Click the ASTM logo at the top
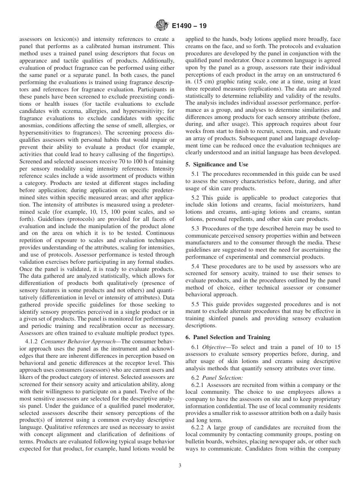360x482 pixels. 162,26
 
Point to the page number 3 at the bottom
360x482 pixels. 180,466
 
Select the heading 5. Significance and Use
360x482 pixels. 217,164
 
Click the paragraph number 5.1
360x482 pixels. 196,174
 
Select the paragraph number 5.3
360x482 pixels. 196,228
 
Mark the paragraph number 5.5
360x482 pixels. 196,304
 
